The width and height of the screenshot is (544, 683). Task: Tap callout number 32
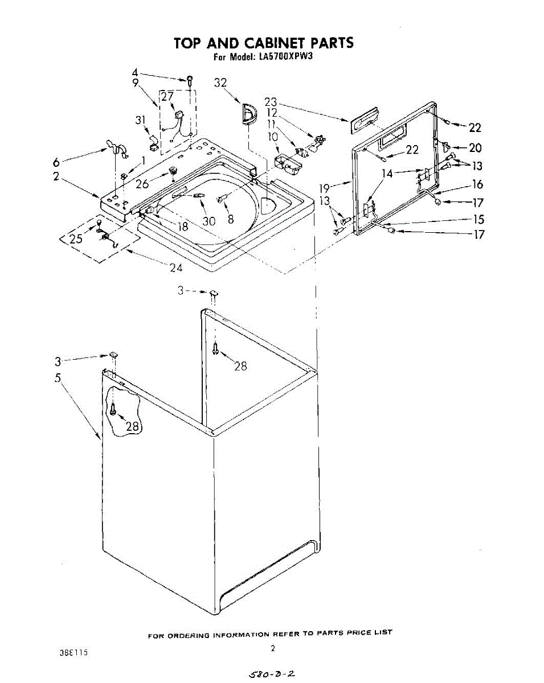tap(220, 83)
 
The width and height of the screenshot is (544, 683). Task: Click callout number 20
tap(475, 148)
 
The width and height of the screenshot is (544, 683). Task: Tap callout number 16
tap(477, 184)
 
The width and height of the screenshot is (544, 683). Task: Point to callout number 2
tap(56, 176)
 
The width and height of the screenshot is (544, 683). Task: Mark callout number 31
tap(141, 120)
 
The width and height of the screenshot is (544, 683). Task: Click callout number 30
tap(209, 221)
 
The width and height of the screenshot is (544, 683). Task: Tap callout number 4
tap(135, 72)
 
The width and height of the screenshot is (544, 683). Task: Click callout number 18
tap(182, 226)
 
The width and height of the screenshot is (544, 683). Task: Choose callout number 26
tap(142, 183)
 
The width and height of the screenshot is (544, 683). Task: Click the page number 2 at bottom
tap(273, 648)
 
